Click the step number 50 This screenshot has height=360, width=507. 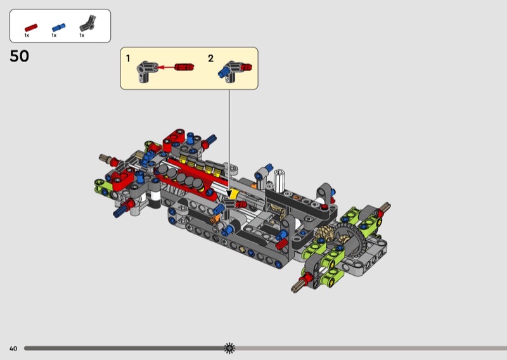point(20,56)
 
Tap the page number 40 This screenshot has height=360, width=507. point(13,349)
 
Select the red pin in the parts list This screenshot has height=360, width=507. point(31,28)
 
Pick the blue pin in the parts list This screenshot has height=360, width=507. point(58,27)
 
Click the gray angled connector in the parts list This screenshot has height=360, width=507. point(87,23)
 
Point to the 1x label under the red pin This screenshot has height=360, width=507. point(27,35)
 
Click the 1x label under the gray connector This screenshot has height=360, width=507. point(82,35)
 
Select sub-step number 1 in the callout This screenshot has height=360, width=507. point(128,58)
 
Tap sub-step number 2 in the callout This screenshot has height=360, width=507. point(211,58)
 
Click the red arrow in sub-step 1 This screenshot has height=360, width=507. point(165,67)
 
